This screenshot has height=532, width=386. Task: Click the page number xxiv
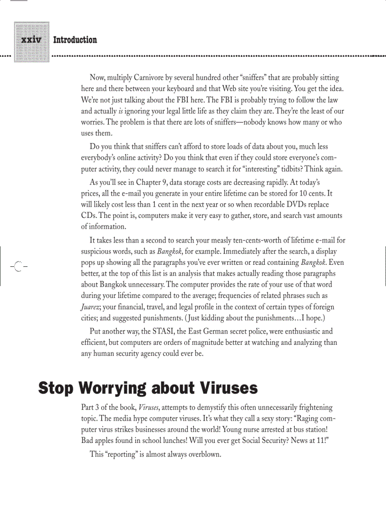32,40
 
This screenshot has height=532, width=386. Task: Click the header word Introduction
75,40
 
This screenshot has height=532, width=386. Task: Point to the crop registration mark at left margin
18,266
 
